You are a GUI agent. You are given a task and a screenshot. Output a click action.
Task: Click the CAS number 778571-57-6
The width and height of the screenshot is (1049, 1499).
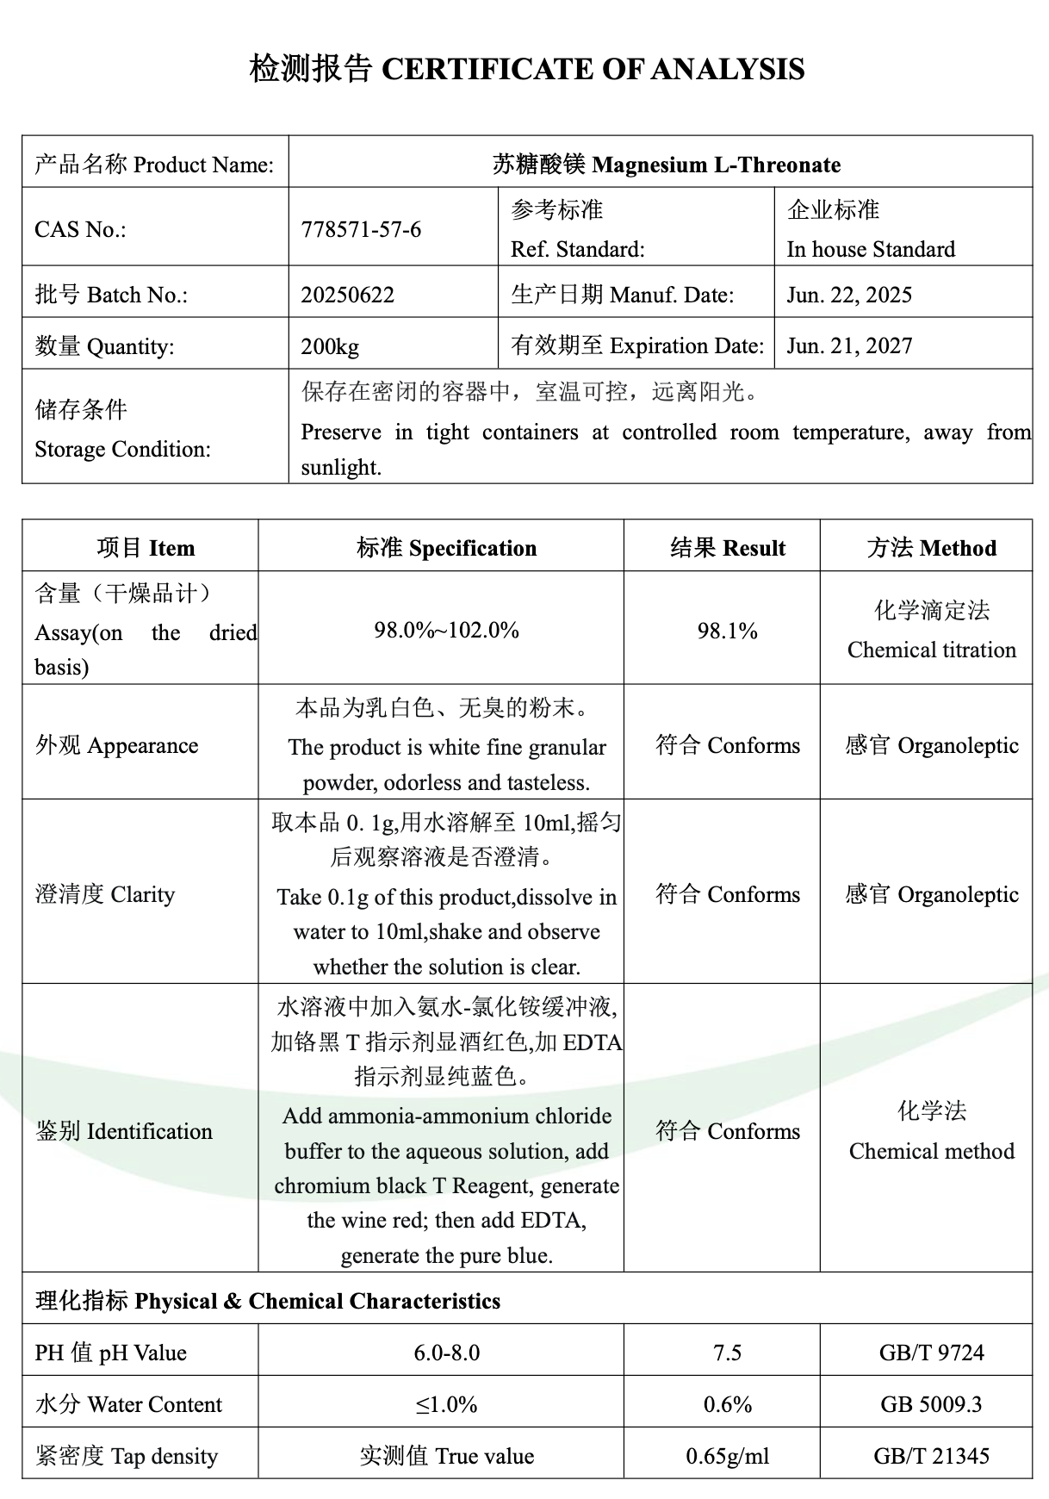click(361, 229)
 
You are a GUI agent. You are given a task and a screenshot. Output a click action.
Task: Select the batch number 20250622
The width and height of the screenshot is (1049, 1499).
click(347, 295)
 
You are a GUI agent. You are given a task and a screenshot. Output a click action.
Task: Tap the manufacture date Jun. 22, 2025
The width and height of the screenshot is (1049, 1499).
click(848, 295)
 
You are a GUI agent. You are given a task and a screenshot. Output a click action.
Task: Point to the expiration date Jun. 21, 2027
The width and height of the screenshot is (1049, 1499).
click(848, 345)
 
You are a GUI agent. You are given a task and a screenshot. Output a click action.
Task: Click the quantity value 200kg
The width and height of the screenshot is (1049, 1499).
click(330, 346)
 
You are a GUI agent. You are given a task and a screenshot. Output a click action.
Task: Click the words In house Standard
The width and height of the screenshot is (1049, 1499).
click(871, 249)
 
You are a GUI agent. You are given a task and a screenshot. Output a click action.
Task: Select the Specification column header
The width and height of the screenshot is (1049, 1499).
click(446, 548)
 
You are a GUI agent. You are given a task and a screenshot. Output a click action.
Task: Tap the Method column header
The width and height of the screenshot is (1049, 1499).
click(931, 548)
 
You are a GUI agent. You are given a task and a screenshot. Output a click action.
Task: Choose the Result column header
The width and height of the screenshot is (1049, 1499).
click(728, 548)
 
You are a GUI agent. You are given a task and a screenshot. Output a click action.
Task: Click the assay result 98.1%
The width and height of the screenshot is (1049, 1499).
click(728, 631)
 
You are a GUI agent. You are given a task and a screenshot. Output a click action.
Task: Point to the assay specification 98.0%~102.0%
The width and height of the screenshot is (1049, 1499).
click(446, 630)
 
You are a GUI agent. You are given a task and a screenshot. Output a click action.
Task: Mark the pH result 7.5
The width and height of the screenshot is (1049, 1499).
click(728, 1353)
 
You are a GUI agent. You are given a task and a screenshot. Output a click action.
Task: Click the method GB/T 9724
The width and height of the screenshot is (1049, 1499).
click(931, 1353)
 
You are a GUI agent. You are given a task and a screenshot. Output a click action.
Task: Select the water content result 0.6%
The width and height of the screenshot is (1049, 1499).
click(728, 1404)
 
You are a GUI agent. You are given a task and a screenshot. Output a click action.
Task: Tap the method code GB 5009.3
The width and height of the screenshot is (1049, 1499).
click(931, 1404)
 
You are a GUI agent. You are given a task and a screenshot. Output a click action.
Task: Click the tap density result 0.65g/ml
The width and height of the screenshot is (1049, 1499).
click(728, 1456)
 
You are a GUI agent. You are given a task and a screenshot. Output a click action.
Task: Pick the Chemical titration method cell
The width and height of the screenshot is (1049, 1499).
click(931, 650)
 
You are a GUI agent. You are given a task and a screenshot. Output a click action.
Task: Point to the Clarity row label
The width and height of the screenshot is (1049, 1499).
click(105, 894)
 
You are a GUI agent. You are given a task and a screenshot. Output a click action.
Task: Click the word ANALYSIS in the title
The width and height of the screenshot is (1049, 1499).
click(728, 69)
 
